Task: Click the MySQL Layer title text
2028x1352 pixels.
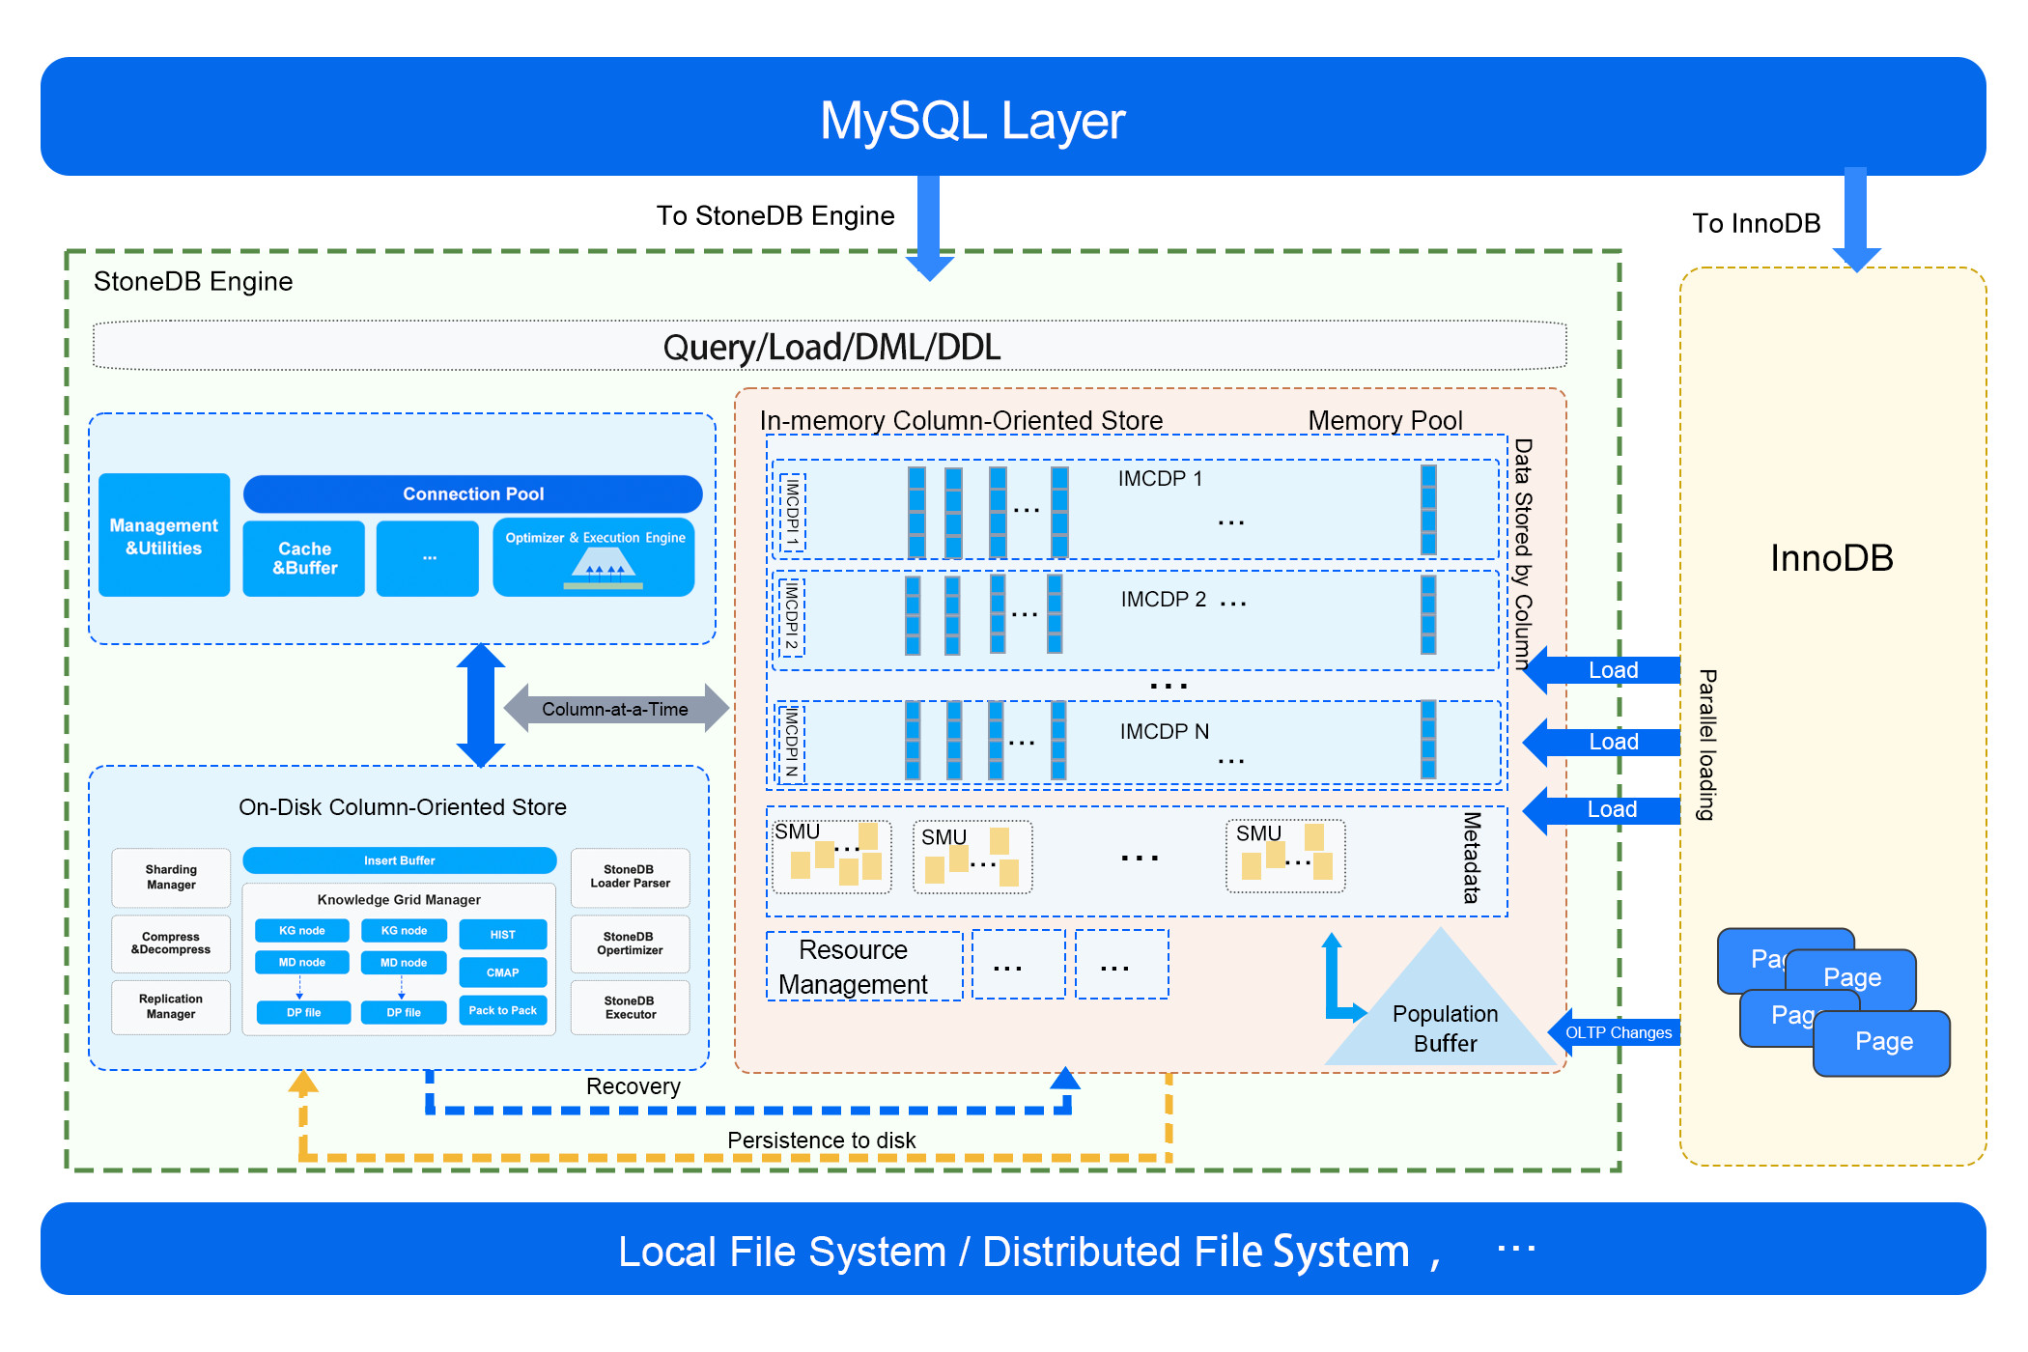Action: pyautogui.click(x=972, y=121)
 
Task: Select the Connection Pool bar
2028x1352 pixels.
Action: pyautogui.click(x=472, y=493)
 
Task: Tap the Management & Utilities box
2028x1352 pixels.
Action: pyautogui.click(x=164, y=536)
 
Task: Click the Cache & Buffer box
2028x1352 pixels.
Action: pyautogui.click(x=304, y=558)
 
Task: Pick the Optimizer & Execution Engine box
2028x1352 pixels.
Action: pyautogui.click(x=594, y=558)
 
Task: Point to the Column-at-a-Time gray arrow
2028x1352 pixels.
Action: pyautogui.click(x=615, y=709)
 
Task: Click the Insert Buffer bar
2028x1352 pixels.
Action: pyautogui.click(x=399, y=860)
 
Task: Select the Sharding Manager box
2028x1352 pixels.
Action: pyautogui.click(x=171, y=877)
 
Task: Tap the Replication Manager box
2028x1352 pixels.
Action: pyautogui.click(x=171, y=1006)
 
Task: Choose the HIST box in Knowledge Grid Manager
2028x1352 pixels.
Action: pyautogui.click(x=502, y=935)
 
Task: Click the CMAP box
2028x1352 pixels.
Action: pyautogui.click(x=502, y=972)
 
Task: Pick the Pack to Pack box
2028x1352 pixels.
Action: pyautogui.click(x=502, y=1010)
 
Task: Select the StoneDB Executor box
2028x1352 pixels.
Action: pyautogui.click(x=630, y=1007)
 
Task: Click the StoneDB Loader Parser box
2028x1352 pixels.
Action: pyautogui.click(x=630, y=877)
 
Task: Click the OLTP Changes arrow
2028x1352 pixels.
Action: pyautogui.click(x=1618, y=1032)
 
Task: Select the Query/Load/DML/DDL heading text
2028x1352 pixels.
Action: pyautogui.click(x=831, y=347)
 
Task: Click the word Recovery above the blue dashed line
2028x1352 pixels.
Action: pyautogui.click(x=633, y=1086)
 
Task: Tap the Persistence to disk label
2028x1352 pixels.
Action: pyautogui.click(x=821, y=1141)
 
